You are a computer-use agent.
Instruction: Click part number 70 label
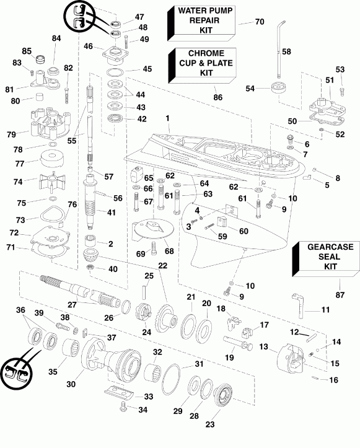coord(260,22)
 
